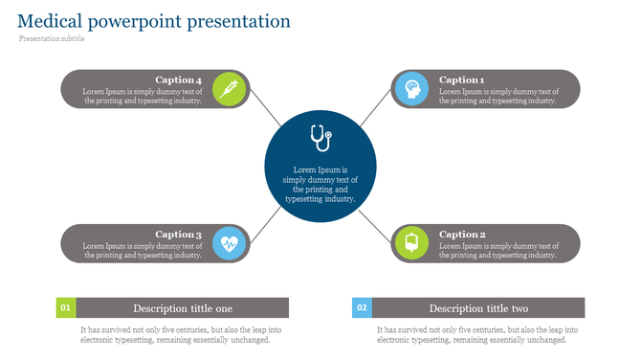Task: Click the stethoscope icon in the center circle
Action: tap(320, 138)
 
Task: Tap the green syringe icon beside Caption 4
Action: tap(229, 88)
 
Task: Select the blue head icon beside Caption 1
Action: tap(411, 88)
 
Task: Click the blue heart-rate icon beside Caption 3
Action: tap(229, 243)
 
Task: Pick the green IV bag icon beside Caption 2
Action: tap(411, 243)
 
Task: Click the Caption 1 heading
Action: tap(462, 80)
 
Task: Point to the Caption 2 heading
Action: tap(462, 235)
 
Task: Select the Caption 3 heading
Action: tap(178, 235)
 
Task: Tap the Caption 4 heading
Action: tap(178, 80)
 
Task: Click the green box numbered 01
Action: tap(65, 308)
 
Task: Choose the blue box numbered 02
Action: tap(362, 308)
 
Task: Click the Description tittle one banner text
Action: tap(182, 308)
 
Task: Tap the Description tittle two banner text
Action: tap(478, 308)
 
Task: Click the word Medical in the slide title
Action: tap(50, 20)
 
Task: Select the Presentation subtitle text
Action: tap(52, 39)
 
